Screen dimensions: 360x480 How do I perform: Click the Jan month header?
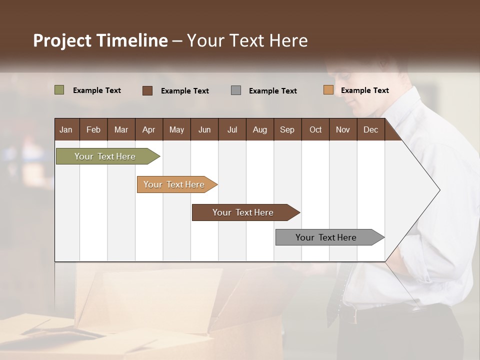(x=66, y=129)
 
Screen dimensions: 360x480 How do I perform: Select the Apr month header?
(x=148, y=129)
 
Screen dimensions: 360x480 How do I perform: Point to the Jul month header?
(x=232, y=129)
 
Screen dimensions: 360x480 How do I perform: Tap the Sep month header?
(x=287, y=129)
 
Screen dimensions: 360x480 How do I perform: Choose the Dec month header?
(x=370, y=129)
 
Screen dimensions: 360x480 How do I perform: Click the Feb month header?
(x=93, y=129)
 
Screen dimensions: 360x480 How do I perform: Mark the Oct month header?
(x=315, y=129)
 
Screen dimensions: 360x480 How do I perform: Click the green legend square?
(x=59, y=90)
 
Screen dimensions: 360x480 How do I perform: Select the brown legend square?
(x=147, y=90)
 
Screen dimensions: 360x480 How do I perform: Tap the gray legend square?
(x=236, y=90)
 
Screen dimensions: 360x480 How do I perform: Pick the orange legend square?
(x=328, y=90)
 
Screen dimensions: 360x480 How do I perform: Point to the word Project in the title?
(x=61, y=40)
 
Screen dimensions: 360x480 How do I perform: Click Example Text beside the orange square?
(x=364, y=90)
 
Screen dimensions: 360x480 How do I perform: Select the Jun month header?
(x=204, y=129)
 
